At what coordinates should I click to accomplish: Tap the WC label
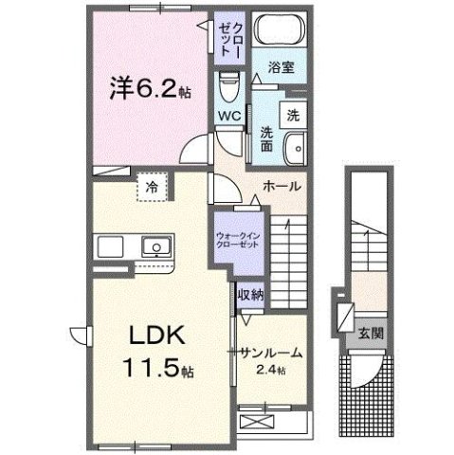(229, 116)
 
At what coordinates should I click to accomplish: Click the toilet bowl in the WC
(227, 90)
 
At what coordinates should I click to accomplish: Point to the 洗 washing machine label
(293, 116)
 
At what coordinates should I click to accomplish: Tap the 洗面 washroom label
(267, 139)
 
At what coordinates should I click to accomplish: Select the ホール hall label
(281, 187)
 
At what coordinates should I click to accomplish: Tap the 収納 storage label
(250, 295)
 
